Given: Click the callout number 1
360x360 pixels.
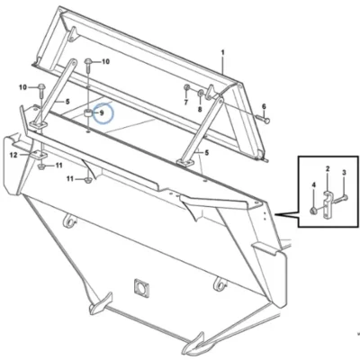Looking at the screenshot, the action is click(222, 53).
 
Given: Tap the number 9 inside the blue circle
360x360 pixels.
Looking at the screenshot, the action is click(102, 113).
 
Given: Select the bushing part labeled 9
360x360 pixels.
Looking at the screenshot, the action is click(87, 113).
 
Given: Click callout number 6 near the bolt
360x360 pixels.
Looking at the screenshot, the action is click(264, 106).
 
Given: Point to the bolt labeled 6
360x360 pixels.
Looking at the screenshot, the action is click(263, 120).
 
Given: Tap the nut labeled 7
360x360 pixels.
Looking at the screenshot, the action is click(186, 87).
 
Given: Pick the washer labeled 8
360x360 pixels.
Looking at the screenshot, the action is click(201, 92).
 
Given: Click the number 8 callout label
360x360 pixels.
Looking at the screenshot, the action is click(200, 110).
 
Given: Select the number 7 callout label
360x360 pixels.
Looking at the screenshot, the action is click(186, 103).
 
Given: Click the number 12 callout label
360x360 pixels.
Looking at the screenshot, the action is click(13, 155).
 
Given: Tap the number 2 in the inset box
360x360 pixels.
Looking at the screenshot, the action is click(328, 168).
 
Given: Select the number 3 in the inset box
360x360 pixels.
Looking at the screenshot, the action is click(344, 173).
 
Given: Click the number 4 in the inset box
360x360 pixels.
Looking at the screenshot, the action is click(314, 185).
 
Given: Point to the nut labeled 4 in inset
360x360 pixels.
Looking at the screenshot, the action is click(314, 211).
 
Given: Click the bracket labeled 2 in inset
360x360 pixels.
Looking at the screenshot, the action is click(327, 204).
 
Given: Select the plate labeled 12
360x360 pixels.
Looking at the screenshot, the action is click(39, 155).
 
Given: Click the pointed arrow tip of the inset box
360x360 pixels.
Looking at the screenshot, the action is click(274, 214).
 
